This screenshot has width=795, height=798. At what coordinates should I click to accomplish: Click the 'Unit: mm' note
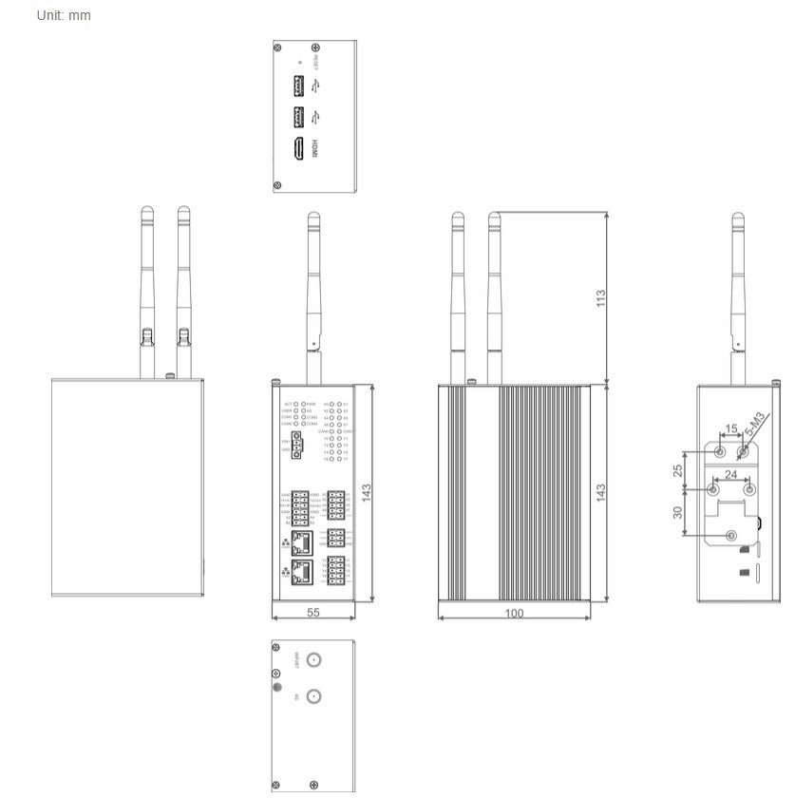(64, 15)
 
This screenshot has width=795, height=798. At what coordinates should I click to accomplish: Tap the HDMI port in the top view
(298, 149)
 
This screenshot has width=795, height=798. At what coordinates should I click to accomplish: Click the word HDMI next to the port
(317, 149)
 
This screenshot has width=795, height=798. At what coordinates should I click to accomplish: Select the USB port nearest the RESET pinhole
(298, 87)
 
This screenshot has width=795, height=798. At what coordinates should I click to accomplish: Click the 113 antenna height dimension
(600, 298)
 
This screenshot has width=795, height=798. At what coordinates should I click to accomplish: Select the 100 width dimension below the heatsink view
(514, 613)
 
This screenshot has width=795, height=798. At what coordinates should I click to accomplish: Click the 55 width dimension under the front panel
(313, 613)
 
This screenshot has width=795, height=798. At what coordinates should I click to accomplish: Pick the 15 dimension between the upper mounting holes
(730, 428)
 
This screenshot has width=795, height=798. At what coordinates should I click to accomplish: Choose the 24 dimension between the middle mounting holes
(730, 474)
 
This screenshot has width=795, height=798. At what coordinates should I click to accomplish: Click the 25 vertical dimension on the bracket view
(677, 470)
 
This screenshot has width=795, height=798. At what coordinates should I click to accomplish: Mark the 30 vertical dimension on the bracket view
(677, 511)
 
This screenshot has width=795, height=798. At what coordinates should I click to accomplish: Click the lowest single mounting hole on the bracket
(730, 536)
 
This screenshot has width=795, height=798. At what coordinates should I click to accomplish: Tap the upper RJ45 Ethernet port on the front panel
(304, 542)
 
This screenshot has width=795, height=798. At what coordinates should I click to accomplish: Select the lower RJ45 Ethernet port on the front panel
(304, 573)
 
